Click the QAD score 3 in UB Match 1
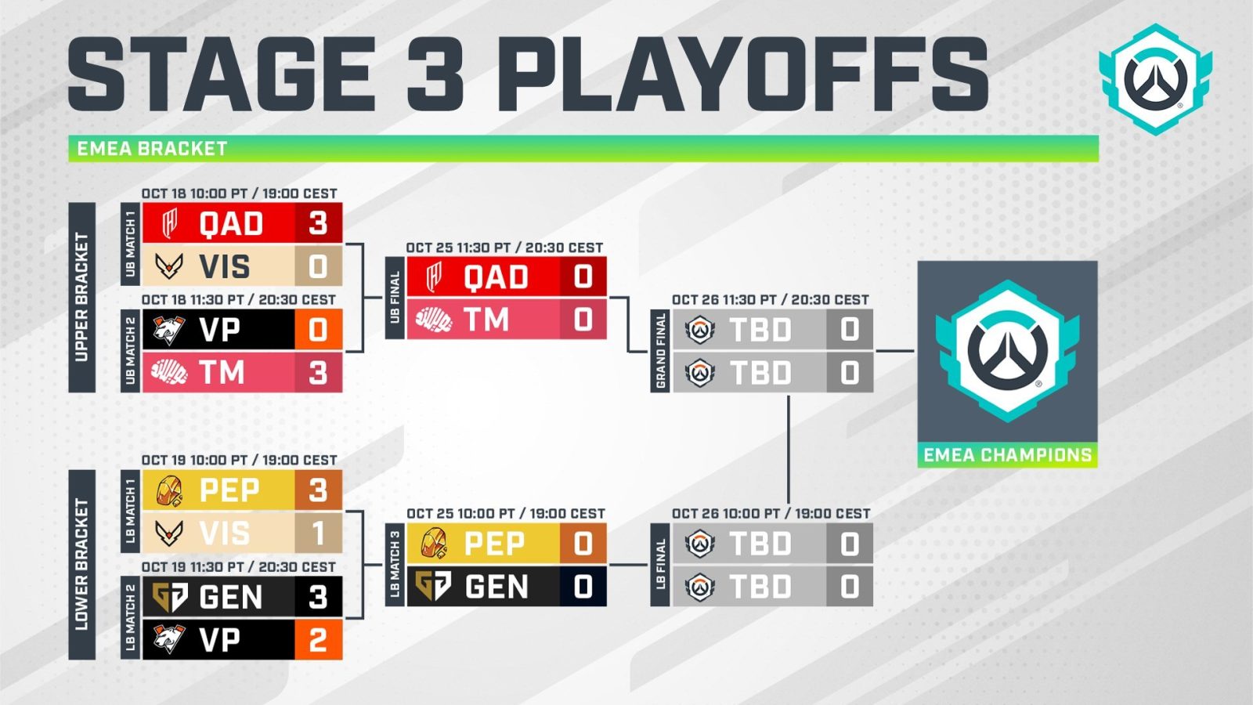coord(318,223)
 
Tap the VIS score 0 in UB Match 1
coord(318,266)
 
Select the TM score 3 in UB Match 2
coord(318,373)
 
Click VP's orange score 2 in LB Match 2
coord(318,639)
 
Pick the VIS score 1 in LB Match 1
coord(318,533)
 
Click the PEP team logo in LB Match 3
coord(434,544)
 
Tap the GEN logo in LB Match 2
coord(169,597)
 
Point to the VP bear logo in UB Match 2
coord(169,330)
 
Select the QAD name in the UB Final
coord(496,277)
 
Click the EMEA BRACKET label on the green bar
coord(152,149)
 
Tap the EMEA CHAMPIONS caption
coord(1007,455)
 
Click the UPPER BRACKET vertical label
coord(81,297)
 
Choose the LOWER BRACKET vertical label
coord(81,565)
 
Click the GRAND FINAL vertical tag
coord(660,351)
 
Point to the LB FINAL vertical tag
coord(660,565)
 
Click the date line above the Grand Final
coord(770,300)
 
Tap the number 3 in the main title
coord(435,74)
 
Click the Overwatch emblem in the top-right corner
coord(1156,79)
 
